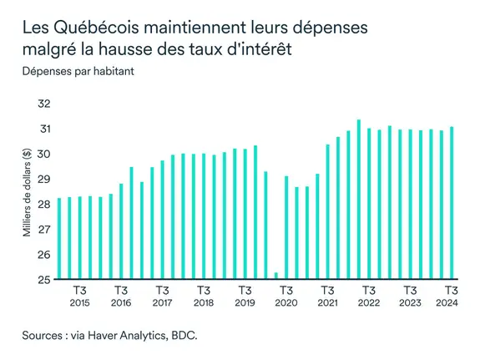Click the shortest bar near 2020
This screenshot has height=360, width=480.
[275, 276]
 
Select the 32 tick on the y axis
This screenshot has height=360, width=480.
[44, 104]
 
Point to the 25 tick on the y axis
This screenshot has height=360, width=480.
[44, 280]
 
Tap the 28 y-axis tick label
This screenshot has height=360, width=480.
[44, 205]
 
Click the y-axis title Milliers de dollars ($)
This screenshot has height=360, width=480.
[27, 191]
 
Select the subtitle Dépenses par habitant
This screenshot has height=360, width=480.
[78, 70]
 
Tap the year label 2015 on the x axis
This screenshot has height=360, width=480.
[80, 302]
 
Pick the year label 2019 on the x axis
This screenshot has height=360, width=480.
[244, 302]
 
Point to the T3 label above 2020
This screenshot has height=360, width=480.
[286, 290]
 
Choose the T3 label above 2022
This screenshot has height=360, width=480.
[368, 290]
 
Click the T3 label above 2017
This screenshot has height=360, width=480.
[162, 290]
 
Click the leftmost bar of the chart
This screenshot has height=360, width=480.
[59, 239]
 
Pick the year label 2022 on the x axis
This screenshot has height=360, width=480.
[368, 302]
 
